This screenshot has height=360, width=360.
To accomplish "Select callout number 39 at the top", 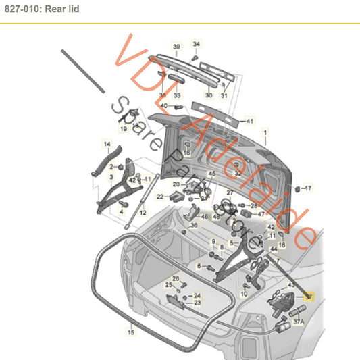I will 176,47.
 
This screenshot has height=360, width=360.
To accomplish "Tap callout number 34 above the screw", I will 197,45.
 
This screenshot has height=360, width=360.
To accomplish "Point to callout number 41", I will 249,122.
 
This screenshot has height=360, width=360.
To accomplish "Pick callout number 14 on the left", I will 106,144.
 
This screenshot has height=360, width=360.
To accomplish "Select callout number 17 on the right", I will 307,188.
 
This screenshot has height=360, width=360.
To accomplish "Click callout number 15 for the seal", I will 132,332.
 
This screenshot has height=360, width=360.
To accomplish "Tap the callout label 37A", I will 298,322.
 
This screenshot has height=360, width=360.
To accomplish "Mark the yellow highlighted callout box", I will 309,296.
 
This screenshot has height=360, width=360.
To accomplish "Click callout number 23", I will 197,303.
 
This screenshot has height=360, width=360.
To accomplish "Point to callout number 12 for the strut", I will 143,212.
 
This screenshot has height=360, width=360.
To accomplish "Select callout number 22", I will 160,197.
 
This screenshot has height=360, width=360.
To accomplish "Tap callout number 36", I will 194,226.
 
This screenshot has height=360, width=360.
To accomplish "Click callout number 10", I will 244,294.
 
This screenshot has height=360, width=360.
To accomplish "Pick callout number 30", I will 208,95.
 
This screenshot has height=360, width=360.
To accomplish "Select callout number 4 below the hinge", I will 122,211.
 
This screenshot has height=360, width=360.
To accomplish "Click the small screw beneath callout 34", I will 194,58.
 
